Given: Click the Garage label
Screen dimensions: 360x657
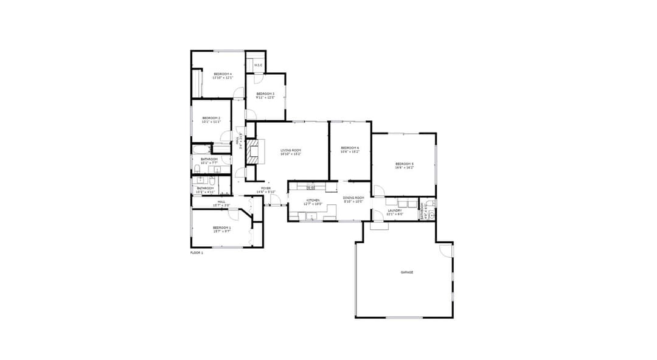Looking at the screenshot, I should click(407, 272).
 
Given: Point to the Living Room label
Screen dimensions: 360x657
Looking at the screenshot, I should click(291, 151).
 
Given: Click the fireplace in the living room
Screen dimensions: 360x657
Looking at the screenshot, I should click(252, 150).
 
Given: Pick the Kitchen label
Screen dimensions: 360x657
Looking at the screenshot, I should click(313, 201).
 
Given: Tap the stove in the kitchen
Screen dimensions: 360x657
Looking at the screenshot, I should click(310, 187).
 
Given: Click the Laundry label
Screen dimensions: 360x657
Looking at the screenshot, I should click(395, 212).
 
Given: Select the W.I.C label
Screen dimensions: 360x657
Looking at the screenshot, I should click(258, 65).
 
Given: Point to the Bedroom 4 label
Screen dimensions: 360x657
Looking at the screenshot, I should click(222, 75).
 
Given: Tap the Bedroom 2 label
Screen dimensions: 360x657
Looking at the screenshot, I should click(211, 119).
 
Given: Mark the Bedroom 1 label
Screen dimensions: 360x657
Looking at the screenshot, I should click(221, 229).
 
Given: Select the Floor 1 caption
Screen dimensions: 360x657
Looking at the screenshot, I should click(196, 252).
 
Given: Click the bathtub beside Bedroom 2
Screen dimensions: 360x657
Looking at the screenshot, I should click(201, 148).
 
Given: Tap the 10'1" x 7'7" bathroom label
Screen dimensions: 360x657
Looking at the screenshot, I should click(209, 161).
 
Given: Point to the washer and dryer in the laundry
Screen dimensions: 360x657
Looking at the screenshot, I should click(408, 203).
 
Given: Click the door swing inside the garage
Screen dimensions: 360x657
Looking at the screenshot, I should click(446, 250).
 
